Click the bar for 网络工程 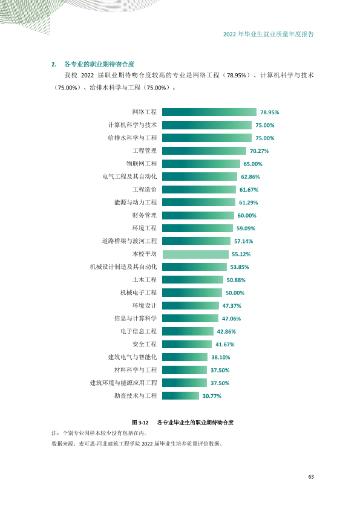click(209, 112)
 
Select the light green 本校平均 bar click(195, 254)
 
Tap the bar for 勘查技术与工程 click(180, 396)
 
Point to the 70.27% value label click(260, 151)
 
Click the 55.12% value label click(241, 254)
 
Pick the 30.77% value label click(212, 396)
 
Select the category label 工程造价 click(145, 190)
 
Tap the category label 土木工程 click(145, 280)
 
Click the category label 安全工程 click(145, 344)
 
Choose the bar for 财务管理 click(198, 216)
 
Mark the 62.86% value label click(250, 177)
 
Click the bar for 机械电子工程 click(192, 293)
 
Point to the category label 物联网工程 click(142, 164)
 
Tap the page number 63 click(311, 477)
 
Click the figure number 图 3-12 click(140, 423)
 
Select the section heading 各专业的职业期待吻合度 click(99, 64)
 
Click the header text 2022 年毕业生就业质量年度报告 click(269, 34)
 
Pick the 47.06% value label click(231, 319)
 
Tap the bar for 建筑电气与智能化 click(185, 357)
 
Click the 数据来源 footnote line click(137, 444)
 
